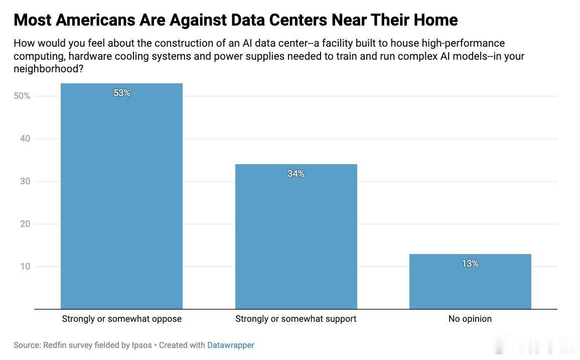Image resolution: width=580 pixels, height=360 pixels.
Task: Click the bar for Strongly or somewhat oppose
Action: (x=122, y=196)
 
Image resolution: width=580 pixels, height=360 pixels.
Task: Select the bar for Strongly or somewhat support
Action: (x=297, y=236)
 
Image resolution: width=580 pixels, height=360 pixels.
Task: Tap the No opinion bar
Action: (x=470, y=282)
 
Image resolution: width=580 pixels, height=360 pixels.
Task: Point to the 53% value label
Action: (x=122, y=93)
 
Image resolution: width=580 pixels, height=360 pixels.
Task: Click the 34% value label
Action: (x=296, y=174)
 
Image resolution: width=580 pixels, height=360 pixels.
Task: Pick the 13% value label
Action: (x=470, y=264)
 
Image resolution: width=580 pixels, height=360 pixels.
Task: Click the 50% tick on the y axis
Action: (x=22, y=96)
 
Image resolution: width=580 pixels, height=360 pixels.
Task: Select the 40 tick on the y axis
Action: (x=25, y=139)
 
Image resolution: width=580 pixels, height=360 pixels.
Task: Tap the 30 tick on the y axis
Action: (x=25, y=181)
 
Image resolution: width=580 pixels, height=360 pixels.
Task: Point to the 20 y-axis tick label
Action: (x=25, y=224)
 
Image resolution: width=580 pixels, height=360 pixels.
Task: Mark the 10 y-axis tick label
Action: (x=25, y=267)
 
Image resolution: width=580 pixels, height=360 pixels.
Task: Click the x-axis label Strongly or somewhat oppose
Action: (x=122, y=319)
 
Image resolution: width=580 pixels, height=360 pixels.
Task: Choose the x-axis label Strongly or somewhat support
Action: (x=296, y=319)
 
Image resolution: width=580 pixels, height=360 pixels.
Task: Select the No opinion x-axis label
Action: (x=470, y=319)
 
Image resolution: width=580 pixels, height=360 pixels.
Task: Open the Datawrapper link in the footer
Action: (x=231, y=345)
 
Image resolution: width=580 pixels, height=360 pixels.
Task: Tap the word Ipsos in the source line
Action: (x=141, y=345)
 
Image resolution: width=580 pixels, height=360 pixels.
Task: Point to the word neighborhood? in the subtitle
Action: (x=49, y=68)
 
